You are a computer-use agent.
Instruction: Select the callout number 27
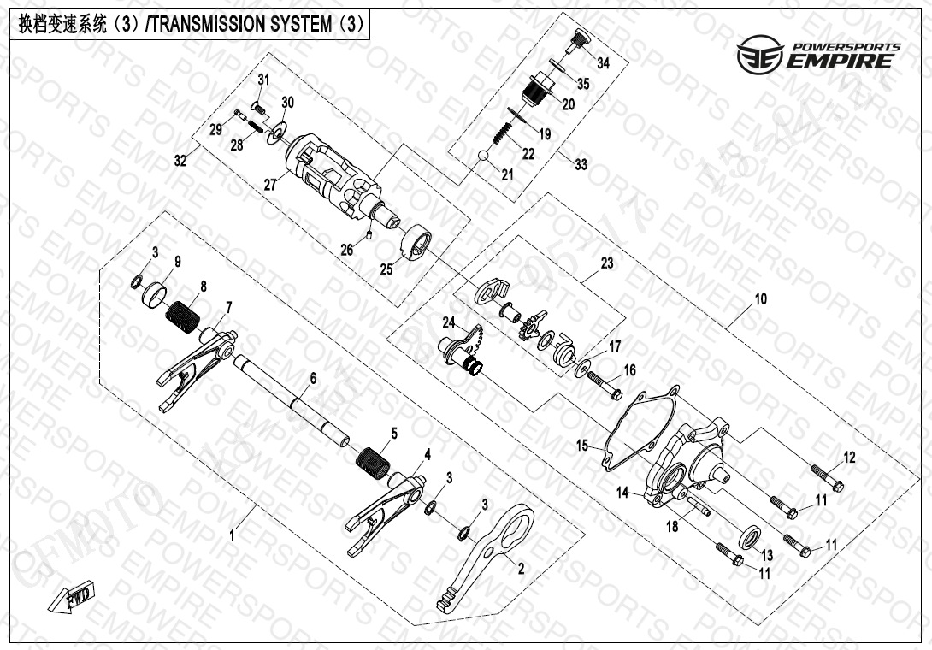270,184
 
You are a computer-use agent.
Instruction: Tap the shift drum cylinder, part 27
333,175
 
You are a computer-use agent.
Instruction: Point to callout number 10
760,299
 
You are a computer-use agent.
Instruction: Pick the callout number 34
604,63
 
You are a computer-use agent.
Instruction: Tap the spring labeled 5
373,463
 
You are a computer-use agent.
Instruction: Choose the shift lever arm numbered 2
487,557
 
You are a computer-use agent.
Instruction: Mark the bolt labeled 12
826,480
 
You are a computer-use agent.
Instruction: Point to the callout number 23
607,264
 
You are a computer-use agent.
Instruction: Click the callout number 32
180,160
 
